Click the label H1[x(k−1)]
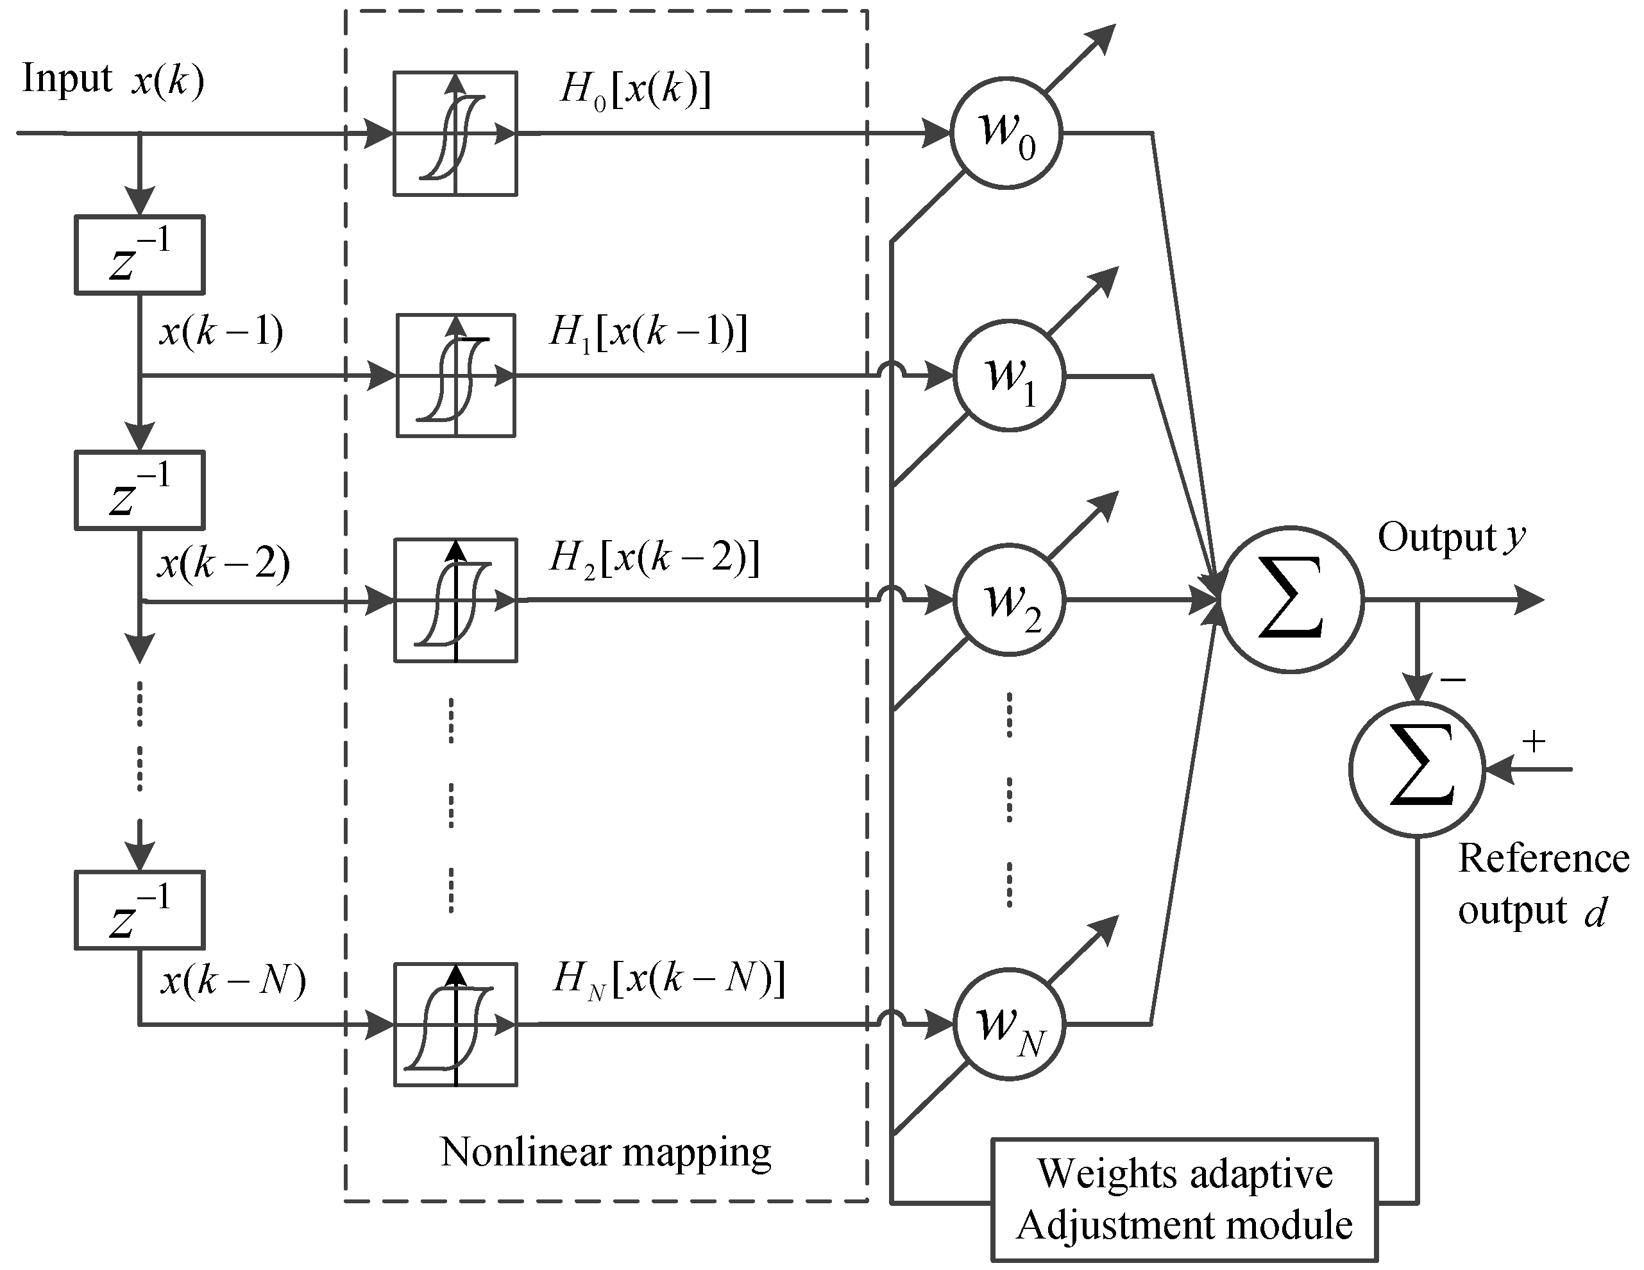(648, 332)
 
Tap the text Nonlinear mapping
(606, 1153)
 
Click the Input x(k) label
(113, 79)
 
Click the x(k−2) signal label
(224, 563)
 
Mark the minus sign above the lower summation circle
(1453, 680)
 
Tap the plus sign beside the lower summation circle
(1533, 741)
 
